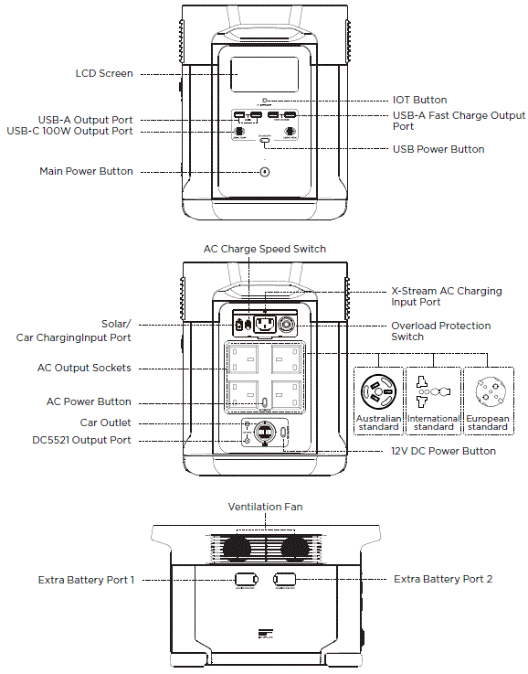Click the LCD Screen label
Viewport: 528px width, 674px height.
coord(103,73)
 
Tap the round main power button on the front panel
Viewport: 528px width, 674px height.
coord(265,171)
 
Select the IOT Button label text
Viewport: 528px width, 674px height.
coord(420,100)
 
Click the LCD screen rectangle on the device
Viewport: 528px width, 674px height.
coord(265,74)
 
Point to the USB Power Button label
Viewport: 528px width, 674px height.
coord(438,149)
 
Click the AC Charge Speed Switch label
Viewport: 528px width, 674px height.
coord(264,249)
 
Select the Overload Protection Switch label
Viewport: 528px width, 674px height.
coord(440,331)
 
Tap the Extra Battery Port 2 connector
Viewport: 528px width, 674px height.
coord(284,580)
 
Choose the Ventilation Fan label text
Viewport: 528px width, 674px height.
coord(265,506)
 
